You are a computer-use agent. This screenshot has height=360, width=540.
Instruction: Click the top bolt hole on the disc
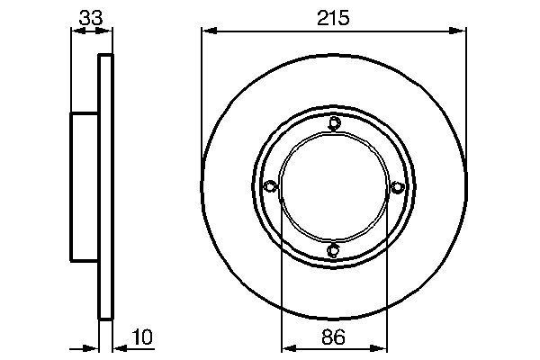click(x=334, y=123)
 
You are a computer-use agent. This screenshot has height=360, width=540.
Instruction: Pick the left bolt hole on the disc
click(x=270, y=186)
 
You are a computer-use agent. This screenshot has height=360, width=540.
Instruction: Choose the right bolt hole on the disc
click(x=397, y=186)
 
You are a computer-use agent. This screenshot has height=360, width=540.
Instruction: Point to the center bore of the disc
click(x=334, y=186)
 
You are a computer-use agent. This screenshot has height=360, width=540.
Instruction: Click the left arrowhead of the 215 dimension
click(x=206, y=31)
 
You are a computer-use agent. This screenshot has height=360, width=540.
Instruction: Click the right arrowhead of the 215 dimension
click(x=462, y=31)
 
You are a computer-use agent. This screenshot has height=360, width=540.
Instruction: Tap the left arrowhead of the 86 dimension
click(x=287, y=347)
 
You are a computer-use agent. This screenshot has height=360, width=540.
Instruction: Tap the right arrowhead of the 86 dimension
click(x=381, y=347)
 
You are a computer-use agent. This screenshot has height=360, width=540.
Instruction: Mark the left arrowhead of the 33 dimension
click(x=76, y=31)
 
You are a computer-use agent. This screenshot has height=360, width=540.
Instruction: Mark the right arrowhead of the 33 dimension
click(x=110, y=31)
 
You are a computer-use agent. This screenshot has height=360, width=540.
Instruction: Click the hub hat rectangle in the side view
click(x=85, y=186)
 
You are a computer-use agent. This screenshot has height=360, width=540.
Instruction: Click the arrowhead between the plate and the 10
click(x=120, y=346)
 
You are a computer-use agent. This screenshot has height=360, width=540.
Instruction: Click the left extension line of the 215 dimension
click(x=201, y=90)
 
